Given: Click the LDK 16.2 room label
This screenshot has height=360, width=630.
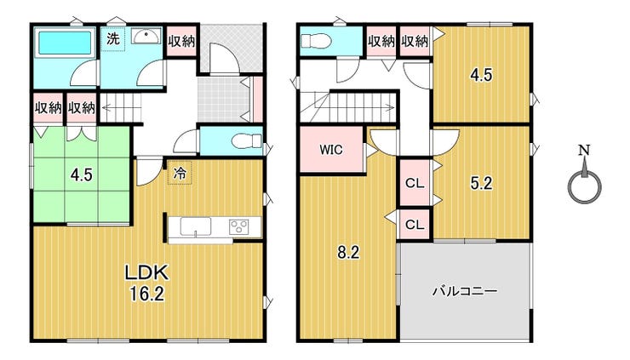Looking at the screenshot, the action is (146, 283).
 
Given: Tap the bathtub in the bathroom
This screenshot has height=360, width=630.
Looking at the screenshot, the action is (65, 43).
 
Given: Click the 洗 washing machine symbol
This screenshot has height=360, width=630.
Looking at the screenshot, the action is (113, 39).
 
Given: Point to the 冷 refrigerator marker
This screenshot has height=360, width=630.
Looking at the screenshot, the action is (180, 173).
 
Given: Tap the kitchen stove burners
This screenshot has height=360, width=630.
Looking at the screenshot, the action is (239, 226).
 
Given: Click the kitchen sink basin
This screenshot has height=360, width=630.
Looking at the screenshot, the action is (195, 226).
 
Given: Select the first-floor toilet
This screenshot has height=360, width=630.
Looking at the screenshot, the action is (247, 141).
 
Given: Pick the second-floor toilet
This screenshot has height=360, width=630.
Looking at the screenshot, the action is (316, 41).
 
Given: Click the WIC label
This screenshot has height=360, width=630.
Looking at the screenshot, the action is (331, 150).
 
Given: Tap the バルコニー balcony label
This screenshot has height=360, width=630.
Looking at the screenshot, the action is (465, 290).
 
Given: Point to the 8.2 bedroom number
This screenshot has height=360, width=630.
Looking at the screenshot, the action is (348, 252).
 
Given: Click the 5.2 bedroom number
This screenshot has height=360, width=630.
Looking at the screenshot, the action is (481, 183).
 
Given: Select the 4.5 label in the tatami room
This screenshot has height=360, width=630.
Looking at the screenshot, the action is (82, 174).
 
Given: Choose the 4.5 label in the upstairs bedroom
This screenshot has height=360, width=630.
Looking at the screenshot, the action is (481, 75).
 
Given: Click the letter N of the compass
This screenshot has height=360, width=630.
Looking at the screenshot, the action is (584, 151).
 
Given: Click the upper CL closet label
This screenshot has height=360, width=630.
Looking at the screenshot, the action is (415, 183).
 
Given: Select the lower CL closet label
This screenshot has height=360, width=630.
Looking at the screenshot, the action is (415, 224).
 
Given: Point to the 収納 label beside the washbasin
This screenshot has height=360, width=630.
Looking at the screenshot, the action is (181, 41).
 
